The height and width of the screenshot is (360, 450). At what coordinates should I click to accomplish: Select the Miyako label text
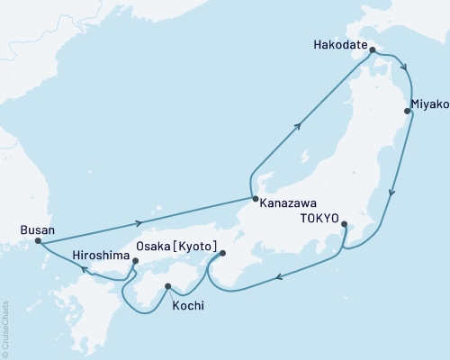pos(428,103)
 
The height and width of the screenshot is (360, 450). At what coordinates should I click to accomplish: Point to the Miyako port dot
pos(408,112)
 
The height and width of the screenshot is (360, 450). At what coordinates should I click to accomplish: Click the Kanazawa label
pos(287,203)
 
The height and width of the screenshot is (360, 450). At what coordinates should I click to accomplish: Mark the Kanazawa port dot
pos(255,199)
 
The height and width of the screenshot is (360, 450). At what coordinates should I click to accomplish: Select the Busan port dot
pos(38,240)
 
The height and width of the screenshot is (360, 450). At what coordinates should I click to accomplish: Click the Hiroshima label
pos(101,255)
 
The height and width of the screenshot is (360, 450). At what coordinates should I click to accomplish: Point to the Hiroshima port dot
pos(135,262)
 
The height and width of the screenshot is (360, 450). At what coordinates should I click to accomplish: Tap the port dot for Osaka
pos(222,254)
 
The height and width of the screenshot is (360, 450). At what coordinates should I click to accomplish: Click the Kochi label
pos(187,306)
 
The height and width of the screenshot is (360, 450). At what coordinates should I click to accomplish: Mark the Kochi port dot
pos(167,287)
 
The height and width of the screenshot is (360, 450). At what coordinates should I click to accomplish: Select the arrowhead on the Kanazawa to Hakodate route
pos(298,127)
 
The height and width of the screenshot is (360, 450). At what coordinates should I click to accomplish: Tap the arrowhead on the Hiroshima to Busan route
pos(83,268)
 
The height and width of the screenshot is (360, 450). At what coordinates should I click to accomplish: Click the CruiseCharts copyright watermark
pos(5,328)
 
